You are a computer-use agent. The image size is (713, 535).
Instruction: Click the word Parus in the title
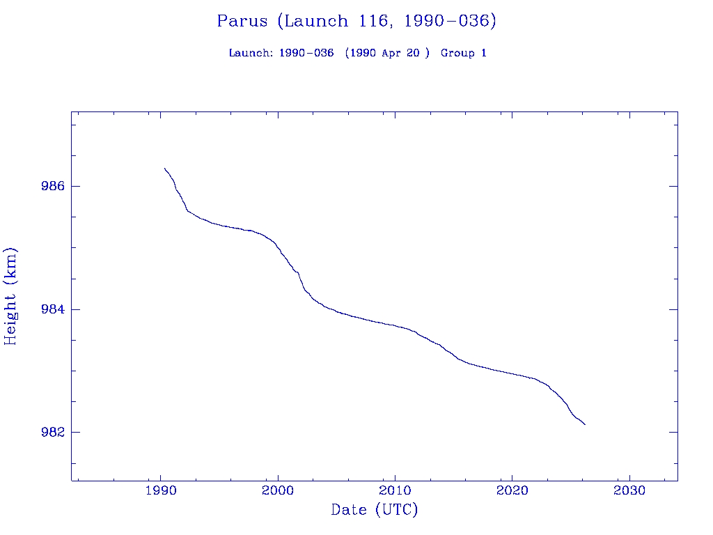point(242,21)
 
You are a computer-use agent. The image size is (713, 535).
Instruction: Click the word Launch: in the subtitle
point(251,53)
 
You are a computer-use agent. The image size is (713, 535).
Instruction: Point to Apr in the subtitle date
point(391,53)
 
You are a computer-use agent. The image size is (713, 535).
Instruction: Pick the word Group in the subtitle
point(457,53)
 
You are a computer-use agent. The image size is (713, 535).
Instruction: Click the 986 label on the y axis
point(53,187)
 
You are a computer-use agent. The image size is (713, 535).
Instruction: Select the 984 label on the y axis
point(53,309)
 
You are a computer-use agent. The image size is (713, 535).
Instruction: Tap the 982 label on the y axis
point(53,432)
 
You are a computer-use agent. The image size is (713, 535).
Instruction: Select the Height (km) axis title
point(10,296)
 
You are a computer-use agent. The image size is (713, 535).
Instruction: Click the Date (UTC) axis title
point(375,510)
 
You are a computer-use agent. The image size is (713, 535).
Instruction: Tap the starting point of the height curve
point(164,168)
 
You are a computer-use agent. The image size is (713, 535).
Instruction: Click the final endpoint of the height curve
point(585,424)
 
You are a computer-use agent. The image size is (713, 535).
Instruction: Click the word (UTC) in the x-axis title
point(396,510)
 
